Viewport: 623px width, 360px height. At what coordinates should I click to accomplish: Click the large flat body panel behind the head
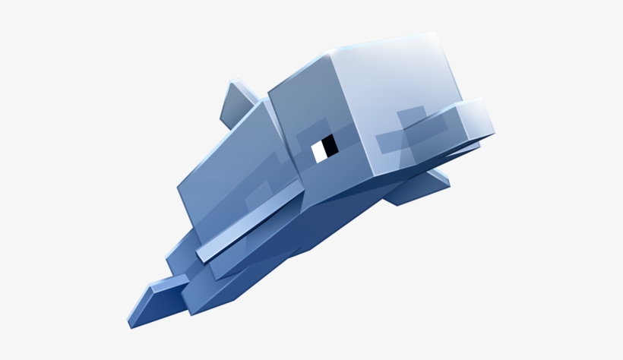pos(228,167)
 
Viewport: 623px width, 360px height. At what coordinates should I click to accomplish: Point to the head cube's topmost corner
pos(434,34)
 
